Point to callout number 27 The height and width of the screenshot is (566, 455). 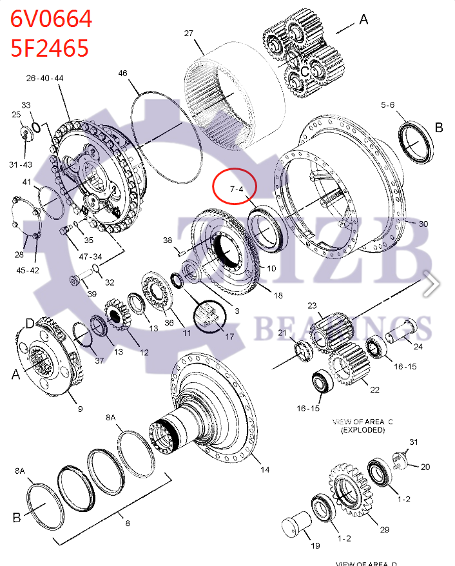pyautogui.click(x=189, y=34)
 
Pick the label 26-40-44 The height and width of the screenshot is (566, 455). pyautogui.click(x=44, y=78)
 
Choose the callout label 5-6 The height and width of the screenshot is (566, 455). pyautogui.click(x=387, y=104)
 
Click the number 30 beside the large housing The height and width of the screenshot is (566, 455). pyautogui.click(x=423, y=224)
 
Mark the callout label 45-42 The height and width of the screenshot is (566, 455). pyautogui.click(x=28, y=270)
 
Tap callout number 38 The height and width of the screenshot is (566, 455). pyautogui.click(x=168, y=240)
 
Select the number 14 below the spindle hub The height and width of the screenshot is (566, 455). pyautogui.click(x=264, y=469)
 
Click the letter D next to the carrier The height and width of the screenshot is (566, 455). pyautogui.click(x=30, y=322)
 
